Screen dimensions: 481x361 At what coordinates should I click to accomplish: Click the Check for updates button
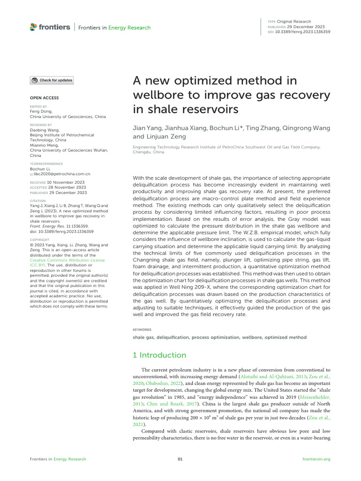52,80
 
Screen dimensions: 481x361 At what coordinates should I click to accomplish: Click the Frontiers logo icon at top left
33,27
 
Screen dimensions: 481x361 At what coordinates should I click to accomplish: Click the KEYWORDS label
142,330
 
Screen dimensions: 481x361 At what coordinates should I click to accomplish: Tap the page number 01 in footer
180,459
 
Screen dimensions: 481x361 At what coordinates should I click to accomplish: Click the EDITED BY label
38,107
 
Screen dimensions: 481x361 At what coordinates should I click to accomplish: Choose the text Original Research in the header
294,22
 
